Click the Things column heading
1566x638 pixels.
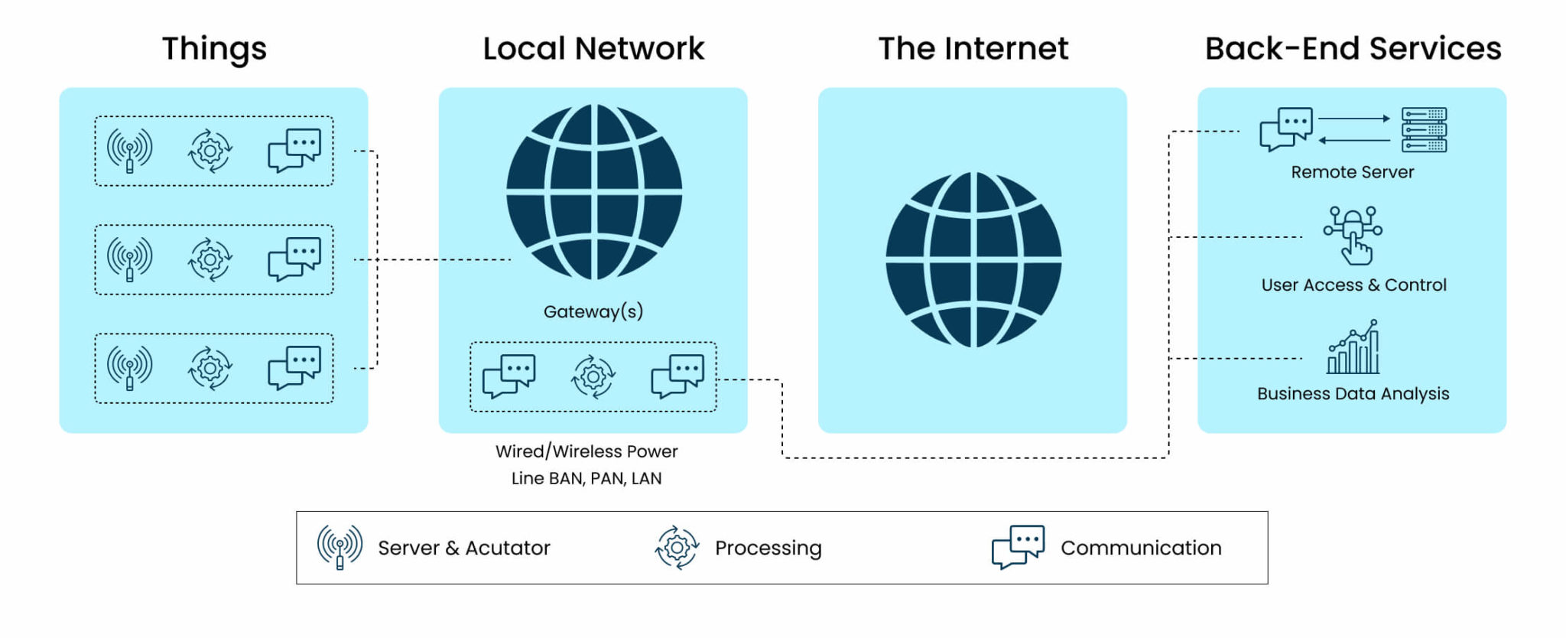pyautogui.click(x=214, y=49)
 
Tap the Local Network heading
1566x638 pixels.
pyautogui.click(x=593, y=49)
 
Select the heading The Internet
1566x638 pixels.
pyautogui.click(x=973, y=49)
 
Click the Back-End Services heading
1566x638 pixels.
pyautogui.click(x=1353, y=49)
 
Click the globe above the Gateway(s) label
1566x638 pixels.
pyautogui.click(x=594, y=192)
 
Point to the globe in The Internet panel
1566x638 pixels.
pyautogui.click(x=973, y=260)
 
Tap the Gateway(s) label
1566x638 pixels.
pyautogui.click(x=593, y=311)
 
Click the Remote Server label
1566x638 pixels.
pyautogui.click(x=1352, y=172)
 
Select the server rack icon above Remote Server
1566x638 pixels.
pyautogui.click(x=1424, y=130)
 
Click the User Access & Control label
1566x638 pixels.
pyautogui.click(x=1353, y=285)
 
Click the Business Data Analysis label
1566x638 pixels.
pyautogui.click(x=1353, y=394)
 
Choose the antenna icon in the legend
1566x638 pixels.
pyautogui.click(x=340, y=547)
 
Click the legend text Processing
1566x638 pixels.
pyautogui.click(x=768, y=548)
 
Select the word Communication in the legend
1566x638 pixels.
pyautogui.click(x=1141, y=548)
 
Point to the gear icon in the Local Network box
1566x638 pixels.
pyautogui.click(x=593, y=376)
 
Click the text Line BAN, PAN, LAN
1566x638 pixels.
pyautogui.click(x=586, y=479)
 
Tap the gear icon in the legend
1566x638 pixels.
pyautogui.click(x=677, y=548)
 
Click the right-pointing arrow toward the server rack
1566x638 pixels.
pyautogui.click(x=1354, y=119)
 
